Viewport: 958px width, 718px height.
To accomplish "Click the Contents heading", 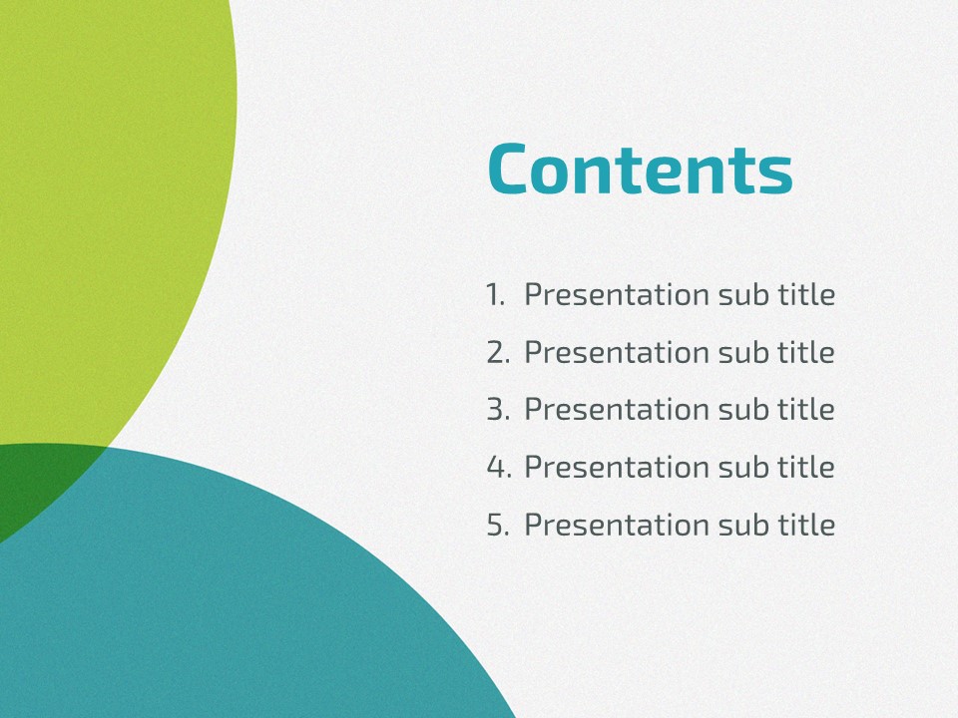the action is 641,169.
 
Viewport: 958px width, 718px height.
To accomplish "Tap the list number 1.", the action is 496,294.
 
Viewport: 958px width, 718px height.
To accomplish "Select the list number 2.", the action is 499,352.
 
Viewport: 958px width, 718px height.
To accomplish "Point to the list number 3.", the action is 499,409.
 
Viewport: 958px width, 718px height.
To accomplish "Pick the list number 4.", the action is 499,467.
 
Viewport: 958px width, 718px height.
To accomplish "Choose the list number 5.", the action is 499,525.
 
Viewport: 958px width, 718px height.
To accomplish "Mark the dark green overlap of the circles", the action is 37,483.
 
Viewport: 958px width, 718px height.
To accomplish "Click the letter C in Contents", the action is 508,170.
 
